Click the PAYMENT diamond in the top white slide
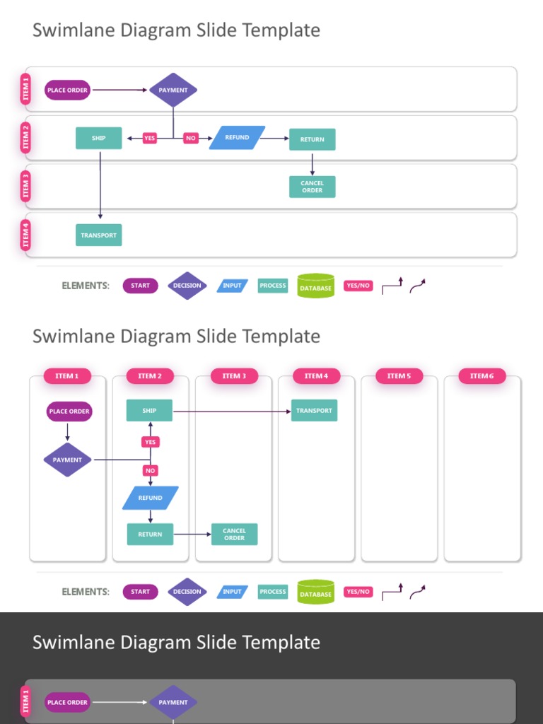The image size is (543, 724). (x=173, y=90)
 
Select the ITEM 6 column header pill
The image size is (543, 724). (x=482, y=376)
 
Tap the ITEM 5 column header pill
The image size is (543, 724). (x=399, y=376)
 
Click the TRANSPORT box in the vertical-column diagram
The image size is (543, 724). (x=314, y=411)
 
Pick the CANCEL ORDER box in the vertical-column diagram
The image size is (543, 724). (x=234, y=535)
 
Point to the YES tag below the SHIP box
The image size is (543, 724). (x=150, y=442)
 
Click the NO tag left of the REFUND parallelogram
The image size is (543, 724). (x=190, y=139)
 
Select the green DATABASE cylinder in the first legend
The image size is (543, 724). (x=315, y=286)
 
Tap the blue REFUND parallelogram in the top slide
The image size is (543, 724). (x=237, y=138)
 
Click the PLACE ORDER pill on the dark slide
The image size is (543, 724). (x=67, y=702)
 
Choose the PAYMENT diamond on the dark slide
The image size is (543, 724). (x=173, y=702)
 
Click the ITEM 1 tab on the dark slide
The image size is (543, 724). (x=26, y=703)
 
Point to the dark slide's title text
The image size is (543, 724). (x=176, y=642)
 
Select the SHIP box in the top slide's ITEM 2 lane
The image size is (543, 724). (x=98, y=139)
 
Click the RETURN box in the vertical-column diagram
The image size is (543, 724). (x=150, y=535)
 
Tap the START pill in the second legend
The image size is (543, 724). (x=140, y=592)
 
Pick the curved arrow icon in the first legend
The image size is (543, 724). (x=417, y=286)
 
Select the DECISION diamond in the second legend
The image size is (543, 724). (x=187, y=592)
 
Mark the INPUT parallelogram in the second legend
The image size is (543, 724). (x=232, y=592)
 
